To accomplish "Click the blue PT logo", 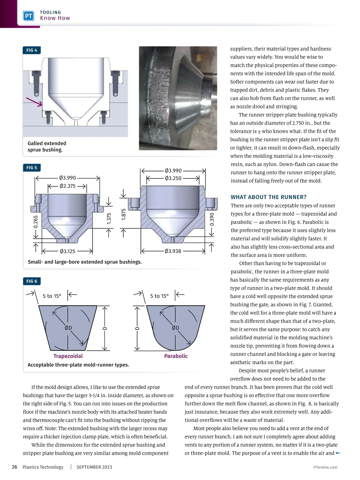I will [28, 16].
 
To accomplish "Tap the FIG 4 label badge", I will [31, 50].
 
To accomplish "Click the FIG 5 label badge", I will [31, 168].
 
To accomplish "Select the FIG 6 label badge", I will [31, 281].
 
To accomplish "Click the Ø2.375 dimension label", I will [67, 186].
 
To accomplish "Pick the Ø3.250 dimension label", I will [173, 178].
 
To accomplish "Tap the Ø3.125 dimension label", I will [67, 251].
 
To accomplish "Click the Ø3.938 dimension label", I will [173, 251].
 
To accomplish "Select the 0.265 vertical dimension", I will [36, 222].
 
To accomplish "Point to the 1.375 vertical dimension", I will [109, 218].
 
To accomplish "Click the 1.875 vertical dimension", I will [123, 214].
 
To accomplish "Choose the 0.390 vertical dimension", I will [212, 219].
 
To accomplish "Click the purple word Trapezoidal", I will [68, 356].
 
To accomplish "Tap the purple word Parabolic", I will [176, 356].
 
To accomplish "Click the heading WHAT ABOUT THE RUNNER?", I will [268, 197].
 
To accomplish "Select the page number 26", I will [14, 467].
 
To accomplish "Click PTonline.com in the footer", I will [325, 467].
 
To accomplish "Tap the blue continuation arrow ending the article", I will [338, 453].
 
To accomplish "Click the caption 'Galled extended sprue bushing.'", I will [47, 147].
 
